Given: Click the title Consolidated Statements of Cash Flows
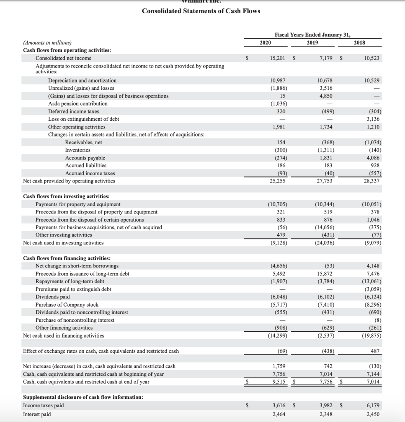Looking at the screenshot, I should [201, 11].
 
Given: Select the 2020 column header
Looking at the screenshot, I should [265, 42].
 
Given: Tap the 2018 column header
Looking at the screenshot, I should [359, 42].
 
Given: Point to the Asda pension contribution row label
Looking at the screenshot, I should [78, 103].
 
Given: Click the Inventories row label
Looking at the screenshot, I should [78, 150].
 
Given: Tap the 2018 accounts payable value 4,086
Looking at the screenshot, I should [372, 158].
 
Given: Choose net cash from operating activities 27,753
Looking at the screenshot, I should [324, 181].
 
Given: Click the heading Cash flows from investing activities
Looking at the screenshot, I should [66, 197].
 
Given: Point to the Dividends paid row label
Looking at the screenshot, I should [52, 297].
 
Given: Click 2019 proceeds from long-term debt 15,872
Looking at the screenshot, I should [324, 274].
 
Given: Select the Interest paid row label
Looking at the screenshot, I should [37, 414].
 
